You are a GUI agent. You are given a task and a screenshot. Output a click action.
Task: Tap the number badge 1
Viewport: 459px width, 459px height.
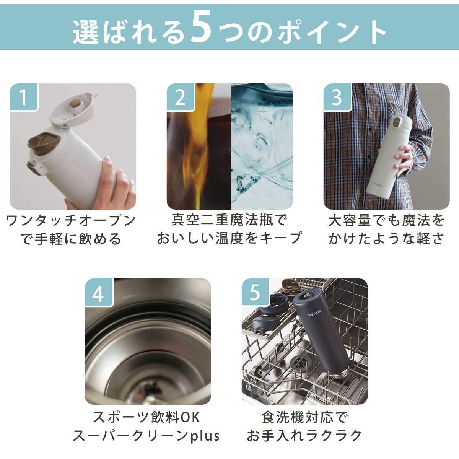click(x=24, y=97)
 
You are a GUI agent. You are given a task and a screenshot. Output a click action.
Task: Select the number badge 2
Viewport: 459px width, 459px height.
click(x=180, y=97)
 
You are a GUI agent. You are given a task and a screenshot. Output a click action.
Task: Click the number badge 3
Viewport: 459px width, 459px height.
click(x=337, y=97)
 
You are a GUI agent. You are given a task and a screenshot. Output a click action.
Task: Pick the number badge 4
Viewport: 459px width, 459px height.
click(x=98, y=292)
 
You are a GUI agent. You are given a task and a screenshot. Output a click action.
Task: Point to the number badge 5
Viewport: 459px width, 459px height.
click(x=255, y=292)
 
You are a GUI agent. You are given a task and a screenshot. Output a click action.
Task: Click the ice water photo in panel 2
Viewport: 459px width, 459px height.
click(x=262, y=146)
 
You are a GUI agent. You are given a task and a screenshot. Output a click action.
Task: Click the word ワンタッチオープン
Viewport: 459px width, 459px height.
click(x=71, y=221)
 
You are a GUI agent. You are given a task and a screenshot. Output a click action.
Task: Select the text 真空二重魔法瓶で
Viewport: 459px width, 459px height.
click(x=229, y=220)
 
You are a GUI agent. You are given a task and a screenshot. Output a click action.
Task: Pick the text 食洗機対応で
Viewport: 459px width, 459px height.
click(x=304, y=417)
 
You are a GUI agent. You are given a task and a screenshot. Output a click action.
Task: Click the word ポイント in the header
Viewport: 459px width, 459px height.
click(x=332, y=31)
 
